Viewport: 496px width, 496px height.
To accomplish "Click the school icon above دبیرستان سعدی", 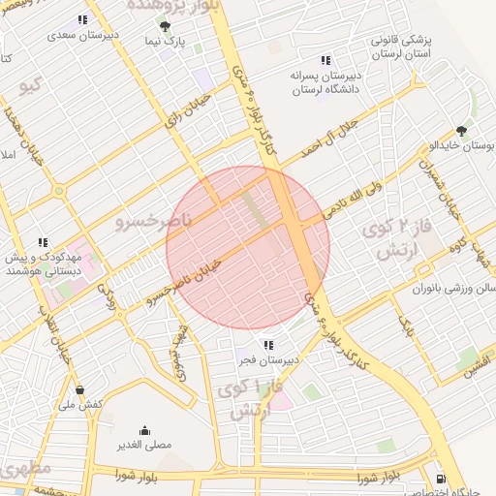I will point(82,19).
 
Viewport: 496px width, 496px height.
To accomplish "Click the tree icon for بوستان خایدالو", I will point(461,131).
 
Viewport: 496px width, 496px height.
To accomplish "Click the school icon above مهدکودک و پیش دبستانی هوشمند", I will point(42,242).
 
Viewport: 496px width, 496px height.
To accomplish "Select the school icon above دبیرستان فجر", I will point(267,345).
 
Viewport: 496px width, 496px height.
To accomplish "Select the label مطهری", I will point(22,467).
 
